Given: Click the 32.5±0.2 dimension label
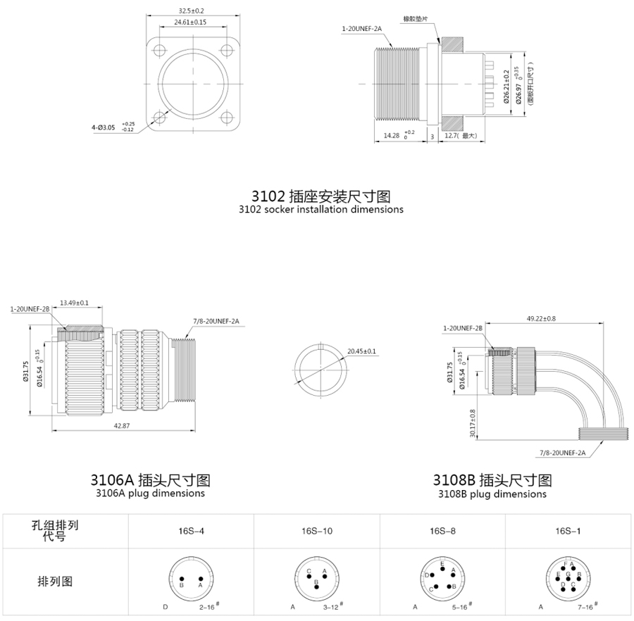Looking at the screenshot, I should point(192,11).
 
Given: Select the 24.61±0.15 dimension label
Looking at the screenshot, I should point(191,23).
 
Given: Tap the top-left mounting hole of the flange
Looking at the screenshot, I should point(160,50).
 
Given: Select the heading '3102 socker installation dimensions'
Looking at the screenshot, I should point(321,209).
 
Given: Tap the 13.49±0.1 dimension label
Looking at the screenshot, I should point(75,303).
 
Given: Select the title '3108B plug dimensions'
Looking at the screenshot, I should point(492,494).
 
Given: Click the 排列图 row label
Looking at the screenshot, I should point(55,582).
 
